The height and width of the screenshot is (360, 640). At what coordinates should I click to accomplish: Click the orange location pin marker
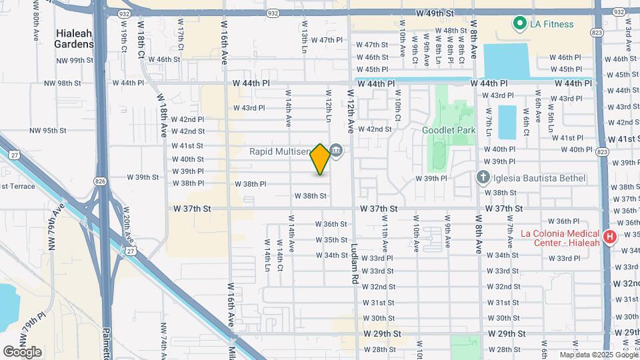pos(321,159)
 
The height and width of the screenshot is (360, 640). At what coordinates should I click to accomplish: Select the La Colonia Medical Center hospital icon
pos(609,237)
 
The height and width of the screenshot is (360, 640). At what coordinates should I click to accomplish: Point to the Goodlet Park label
pos(449,130)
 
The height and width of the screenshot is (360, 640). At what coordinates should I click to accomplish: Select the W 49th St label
pos(434,13)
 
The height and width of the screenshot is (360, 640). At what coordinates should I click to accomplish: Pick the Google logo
pos(22,351)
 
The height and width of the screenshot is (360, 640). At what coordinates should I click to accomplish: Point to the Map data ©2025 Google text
pos(598,355)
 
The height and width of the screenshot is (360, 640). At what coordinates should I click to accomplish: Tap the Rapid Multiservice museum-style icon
pos(336,151)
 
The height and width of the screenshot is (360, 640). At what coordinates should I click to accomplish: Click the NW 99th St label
pos(75,60)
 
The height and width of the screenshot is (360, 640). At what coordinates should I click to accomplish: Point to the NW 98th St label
pos(62,83)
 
